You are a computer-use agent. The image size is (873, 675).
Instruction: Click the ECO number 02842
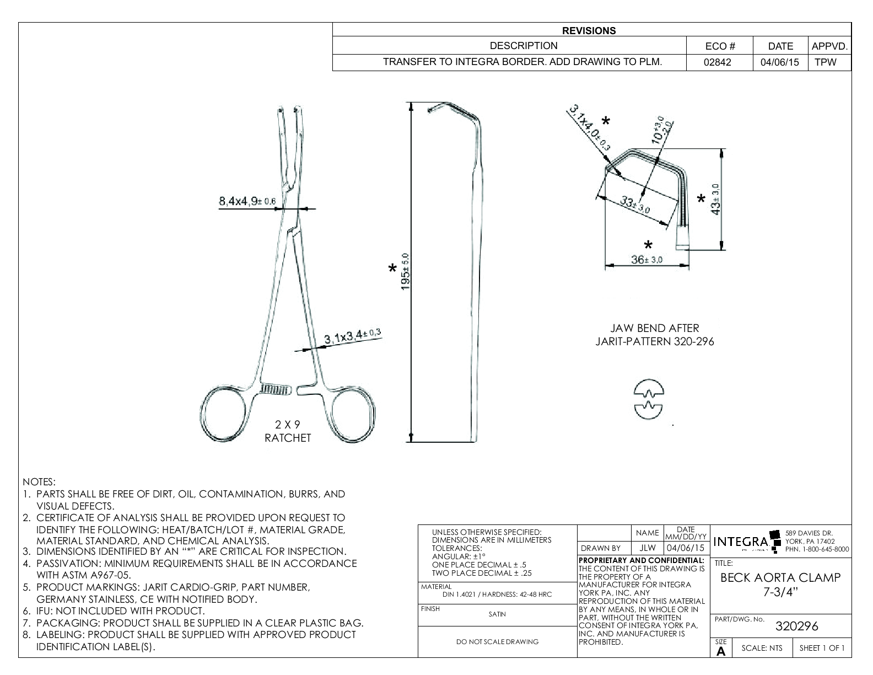click(717, 62)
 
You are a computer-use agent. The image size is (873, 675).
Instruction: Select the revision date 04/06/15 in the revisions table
click(779, 62)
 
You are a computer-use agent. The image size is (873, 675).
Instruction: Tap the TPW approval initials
click(825, 62)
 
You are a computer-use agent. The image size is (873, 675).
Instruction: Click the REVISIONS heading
click(589, 31)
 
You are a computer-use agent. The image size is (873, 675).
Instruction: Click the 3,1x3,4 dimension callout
click(352, 337)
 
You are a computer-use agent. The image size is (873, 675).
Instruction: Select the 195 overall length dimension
click(405, 271)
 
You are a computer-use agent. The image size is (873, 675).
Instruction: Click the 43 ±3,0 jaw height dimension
click(715, 199)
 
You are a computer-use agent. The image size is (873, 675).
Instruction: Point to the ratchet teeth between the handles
click(275, 389)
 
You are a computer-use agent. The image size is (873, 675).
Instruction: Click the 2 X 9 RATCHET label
click(288, 431)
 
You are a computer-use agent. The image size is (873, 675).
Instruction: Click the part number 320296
click(796, 626)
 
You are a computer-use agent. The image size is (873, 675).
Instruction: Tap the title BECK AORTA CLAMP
click(780, 578)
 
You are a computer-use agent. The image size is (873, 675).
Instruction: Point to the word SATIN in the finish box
click(497, 614)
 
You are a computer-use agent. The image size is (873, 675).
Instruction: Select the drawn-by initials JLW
click(648, 548)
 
